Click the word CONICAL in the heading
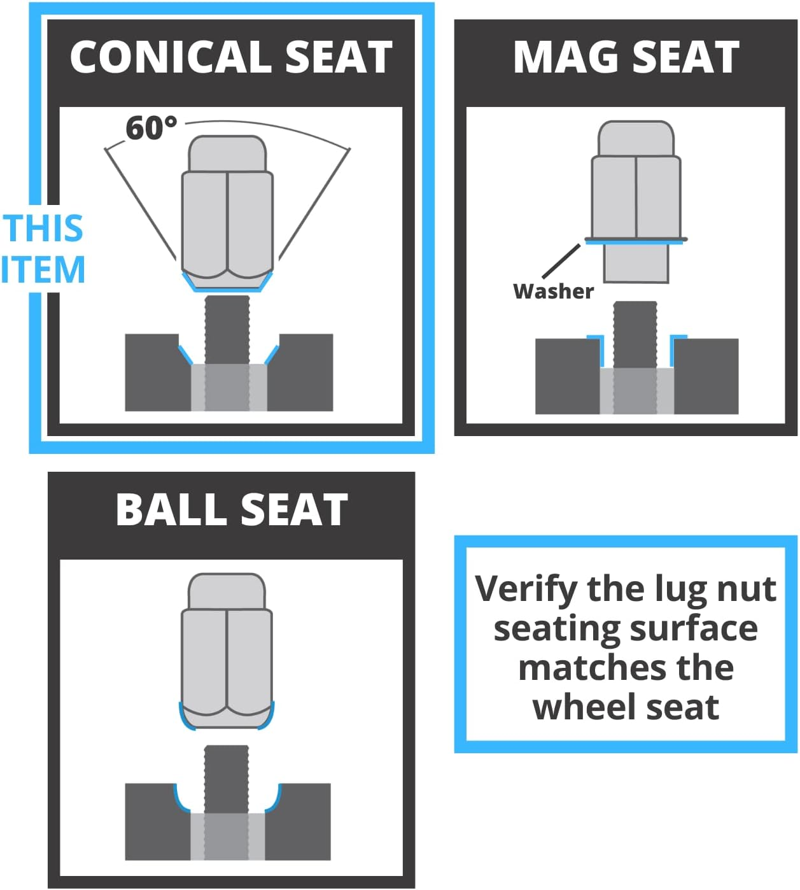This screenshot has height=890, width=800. [x=171, y=57]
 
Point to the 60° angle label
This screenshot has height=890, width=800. [x=151, y=128]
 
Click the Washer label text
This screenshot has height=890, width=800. [x=553, y=292]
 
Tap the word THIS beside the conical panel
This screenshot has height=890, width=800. [x=43, y=229]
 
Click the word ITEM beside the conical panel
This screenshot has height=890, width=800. [x=43, y=269]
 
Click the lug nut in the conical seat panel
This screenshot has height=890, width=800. [x=227, y=213]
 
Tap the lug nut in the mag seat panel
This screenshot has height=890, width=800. [x=636, y=202]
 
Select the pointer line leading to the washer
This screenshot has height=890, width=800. [x=561, y=261]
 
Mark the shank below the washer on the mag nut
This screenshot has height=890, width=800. [x=636, y=264]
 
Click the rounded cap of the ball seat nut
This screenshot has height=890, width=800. [x=227, y=592]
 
